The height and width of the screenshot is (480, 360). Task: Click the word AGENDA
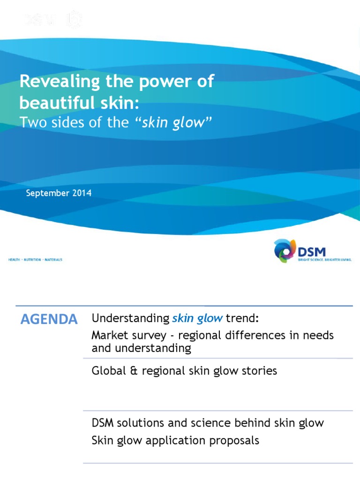click(x=49, y=320)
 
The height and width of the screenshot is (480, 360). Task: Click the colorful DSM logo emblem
click(x=285, y=250)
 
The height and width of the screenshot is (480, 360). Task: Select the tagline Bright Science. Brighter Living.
click(x=324, y=259)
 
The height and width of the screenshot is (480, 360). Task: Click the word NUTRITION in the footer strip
click(x=32, y=259)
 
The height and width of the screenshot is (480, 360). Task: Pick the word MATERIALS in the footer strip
click(x=53, y=259)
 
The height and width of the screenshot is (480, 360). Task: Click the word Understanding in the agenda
click(x=130, y=319)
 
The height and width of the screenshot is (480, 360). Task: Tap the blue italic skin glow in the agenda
click(x=197, y=319)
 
